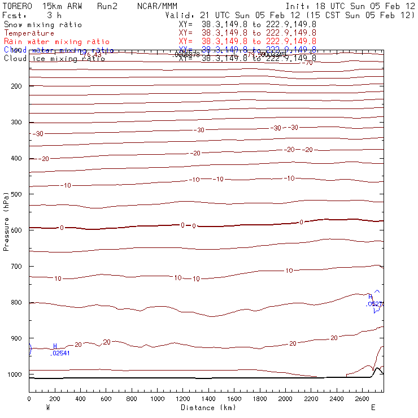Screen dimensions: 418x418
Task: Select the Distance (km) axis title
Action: tap(206, 407)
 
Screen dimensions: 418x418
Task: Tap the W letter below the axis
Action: tap(48, 407)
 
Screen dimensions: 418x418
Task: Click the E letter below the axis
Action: tap(373, 407)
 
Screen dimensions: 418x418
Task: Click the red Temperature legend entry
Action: tap(29, 33)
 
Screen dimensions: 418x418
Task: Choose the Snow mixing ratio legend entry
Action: tap(43, 25)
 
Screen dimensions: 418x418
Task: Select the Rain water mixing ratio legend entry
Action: tap(56, 42)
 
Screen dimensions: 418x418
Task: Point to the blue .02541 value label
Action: tap(60, 354)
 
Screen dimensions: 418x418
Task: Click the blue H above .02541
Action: tap(55, 346)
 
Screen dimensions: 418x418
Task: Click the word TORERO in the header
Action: tap(18, 6)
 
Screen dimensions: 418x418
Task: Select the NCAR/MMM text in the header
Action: tap(157, 6)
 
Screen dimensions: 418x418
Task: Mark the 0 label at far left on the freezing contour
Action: tap(62, 228)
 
